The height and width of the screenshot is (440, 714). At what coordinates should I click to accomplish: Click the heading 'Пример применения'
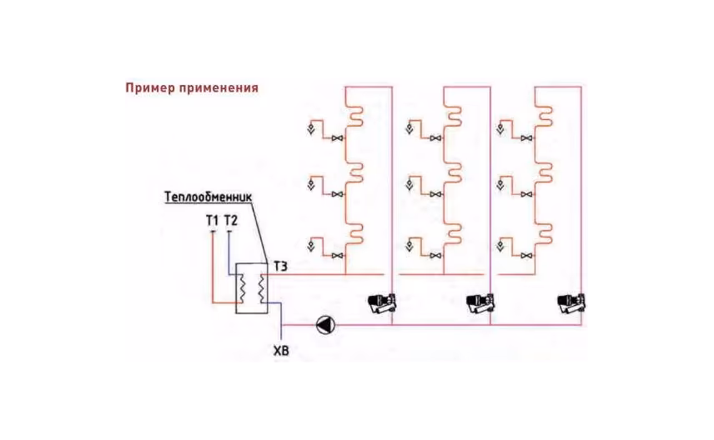[x=191, y=87]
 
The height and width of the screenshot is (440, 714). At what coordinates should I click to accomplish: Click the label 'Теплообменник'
[x=206, y=197]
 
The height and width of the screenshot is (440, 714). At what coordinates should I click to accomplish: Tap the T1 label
[x=212, y=221]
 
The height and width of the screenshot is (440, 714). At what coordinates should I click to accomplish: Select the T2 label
[x=229, y=221]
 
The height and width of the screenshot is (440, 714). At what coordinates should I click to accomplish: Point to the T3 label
[x=281, y=266]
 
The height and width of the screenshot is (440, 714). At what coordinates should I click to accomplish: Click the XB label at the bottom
[x=281, y=351]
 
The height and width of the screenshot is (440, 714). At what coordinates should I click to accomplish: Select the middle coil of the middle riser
[x=455, y=171]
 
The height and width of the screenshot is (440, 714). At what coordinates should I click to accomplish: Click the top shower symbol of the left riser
[x=312, y=129]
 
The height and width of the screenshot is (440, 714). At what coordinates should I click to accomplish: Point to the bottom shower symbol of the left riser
[x=312, y=246]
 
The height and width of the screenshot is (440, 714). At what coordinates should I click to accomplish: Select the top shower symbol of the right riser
[x=500, y=129]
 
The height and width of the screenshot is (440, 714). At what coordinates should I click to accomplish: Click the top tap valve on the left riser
[x=337, y=138]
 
